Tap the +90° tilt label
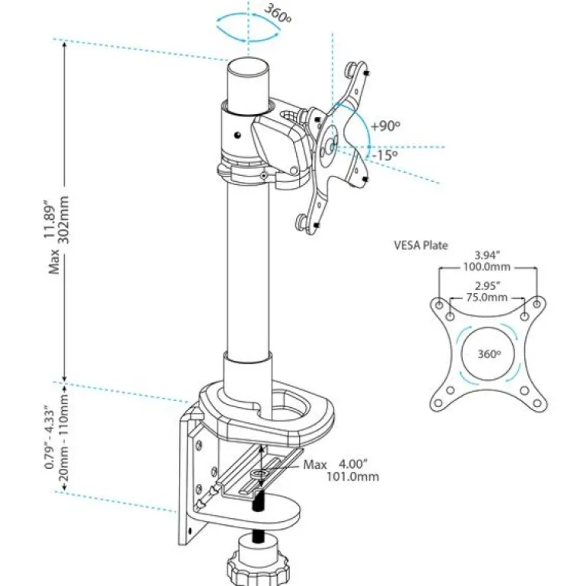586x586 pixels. tap(385, 126)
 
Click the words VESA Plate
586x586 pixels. tap(421, 246)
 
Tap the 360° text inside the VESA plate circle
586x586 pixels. tap(489, 354)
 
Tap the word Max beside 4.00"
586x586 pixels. tap(314, 464)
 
